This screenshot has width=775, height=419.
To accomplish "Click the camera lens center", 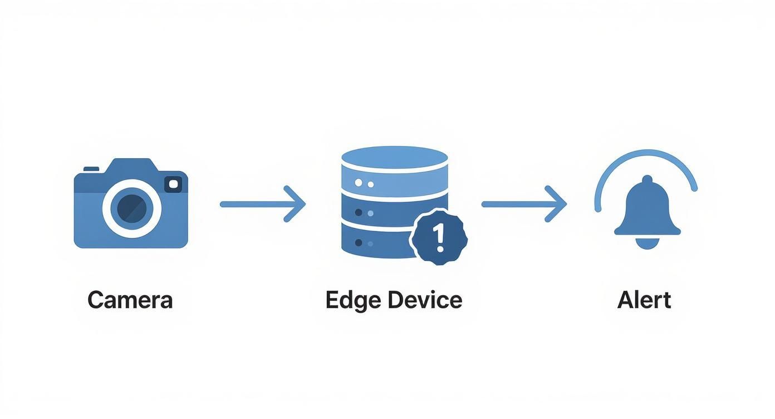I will pyautogui.click(x=131, y=208).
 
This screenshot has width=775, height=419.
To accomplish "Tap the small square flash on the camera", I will pyautogui.click(x=173, y=184).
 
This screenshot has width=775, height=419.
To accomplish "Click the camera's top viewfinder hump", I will pyautogui.click(x=131, y=165).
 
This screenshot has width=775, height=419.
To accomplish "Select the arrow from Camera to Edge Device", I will pyautogui.click(x=263, y=204).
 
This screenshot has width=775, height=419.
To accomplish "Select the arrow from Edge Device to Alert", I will pyautogui.click(x=524, y=204).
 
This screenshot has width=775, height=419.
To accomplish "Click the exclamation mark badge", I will pyautogui.click(x=439, y=237).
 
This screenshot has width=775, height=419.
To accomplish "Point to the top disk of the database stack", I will pyautogui.click(x=394, y=158).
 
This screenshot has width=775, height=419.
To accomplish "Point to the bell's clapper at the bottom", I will pyautogui.click(x=647, y=243).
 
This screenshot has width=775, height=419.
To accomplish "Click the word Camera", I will pyautogui.click(x=130, y=300).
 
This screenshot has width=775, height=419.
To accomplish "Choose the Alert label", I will pyautogui.click(x=644, y=300).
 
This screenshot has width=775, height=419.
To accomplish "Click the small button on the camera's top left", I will pyautogui.click(x=91, y=168).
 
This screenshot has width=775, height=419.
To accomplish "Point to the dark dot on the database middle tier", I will pyautogui.click(x=358, y=212).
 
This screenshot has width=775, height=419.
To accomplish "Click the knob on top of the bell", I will pyautogui.click(x=647, y=180).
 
